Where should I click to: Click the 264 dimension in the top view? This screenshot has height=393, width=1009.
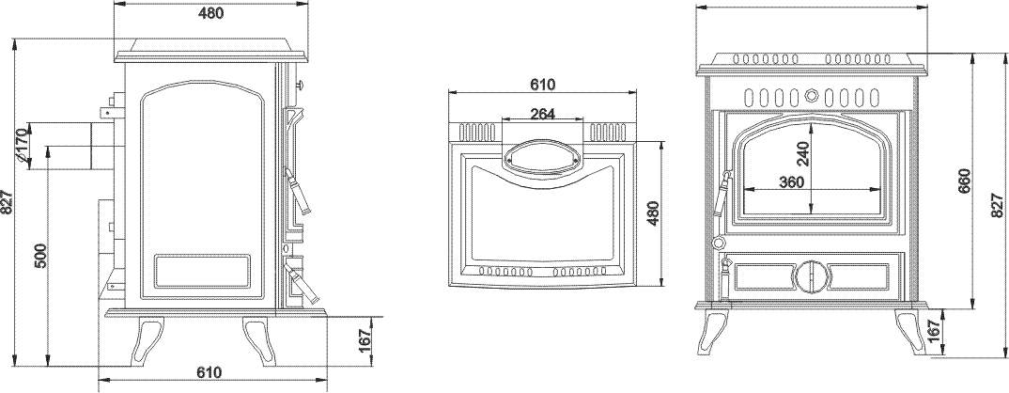[542, 114]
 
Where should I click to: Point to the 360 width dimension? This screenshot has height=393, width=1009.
[791, 181]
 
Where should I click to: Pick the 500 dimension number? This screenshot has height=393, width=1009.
[39, 256]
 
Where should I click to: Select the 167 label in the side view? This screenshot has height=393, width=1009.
[365, 339]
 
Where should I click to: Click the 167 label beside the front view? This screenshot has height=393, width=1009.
[935, 331]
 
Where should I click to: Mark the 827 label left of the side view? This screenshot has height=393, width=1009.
[8, 202]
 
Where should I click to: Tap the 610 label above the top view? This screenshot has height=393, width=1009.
[542, 84]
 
